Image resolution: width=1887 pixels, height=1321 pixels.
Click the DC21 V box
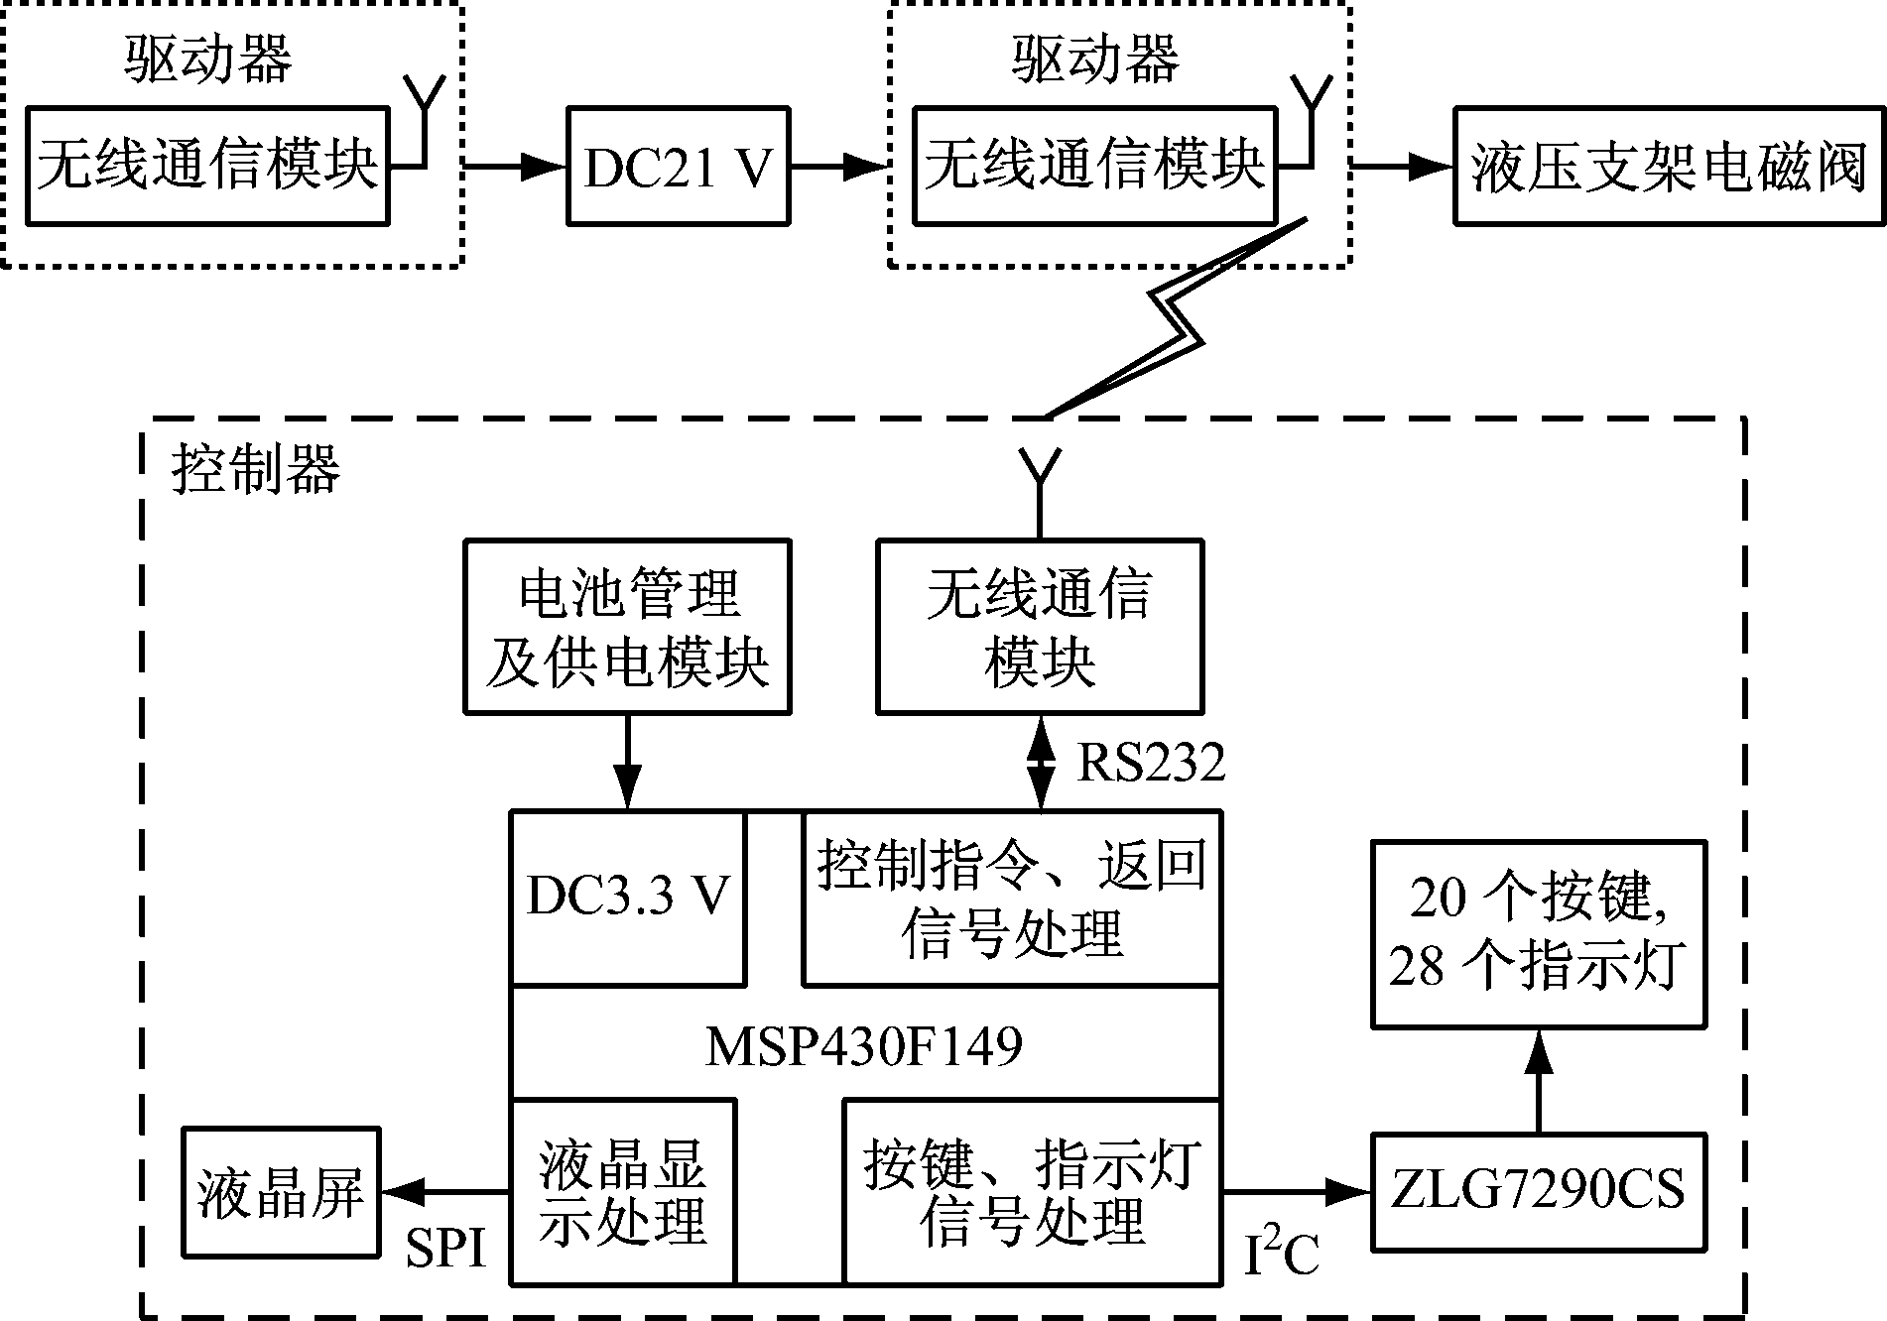(679, 166)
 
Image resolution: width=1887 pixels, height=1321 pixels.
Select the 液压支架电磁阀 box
(1670, 166)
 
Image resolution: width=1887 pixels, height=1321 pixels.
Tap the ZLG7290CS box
(1539, 1191)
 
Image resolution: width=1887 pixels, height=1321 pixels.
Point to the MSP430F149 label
(864, 1045)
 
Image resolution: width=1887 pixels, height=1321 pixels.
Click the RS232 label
(1151, 763)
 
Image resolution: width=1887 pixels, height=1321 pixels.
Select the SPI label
(445, 1248)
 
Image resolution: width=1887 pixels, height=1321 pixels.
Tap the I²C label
(1282, 1253)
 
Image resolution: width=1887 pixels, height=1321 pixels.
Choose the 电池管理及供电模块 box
(627, 627)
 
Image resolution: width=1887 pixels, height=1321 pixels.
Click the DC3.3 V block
(627, 897)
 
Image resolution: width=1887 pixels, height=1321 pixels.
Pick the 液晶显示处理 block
(623, 1191)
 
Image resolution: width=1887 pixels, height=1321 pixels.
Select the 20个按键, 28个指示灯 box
(1538, 933)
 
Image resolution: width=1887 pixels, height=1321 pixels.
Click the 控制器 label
(256, 468)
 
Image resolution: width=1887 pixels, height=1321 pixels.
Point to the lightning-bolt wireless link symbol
(1177, 317)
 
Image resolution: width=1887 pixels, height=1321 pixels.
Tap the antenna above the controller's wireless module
(1040, 481)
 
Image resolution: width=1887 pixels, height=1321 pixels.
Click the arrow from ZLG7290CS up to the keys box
(1539, 1081)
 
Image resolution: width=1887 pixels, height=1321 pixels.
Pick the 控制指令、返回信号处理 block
(1011, 898)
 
